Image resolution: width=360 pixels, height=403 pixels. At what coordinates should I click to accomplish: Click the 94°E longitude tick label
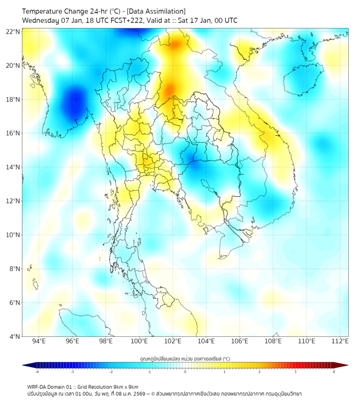point(39,341)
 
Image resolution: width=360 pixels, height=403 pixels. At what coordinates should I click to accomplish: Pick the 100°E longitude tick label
point(140,341)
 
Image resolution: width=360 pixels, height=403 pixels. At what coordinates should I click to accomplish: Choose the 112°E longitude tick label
point(340,341)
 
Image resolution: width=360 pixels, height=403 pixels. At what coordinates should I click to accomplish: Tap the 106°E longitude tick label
point(240,341)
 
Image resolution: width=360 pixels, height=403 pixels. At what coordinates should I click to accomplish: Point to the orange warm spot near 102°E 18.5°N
point(170,90)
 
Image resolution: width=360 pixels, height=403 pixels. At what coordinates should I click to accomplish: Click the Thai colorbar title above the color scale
point(185,358)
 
